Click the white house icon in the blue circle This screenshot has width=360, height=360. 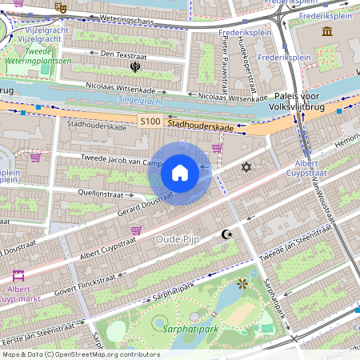point(180,173)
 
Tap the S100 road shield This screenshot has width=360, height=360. point(150,122)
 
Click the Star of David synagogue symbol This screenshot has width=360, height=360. point(246,167)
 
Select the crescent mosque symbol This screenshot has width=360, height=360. point(226,234)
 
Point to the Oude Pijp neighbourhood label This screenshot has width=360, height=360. point(178,238)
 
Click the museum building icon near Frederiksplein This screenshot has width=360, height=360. point(326,31)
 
